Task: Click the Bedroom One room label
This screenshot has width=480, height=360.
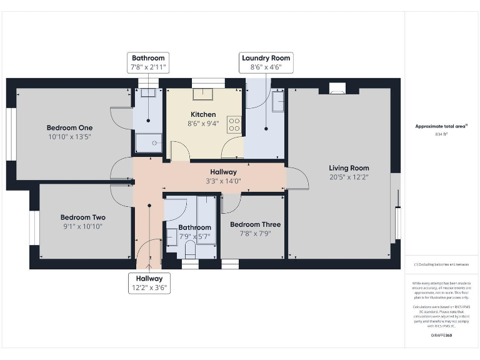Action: tap(69, 125)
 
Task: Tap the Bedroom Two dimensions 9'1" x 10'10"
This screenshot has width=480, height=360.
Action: tap(84, 226)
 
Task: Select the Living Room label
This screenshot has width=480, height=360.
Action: tap(349, 167)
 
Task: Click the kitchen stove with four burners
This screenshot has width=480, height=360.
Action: tap(235, 124)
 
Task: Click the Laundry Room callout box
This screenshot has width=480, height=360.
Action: tap(266, 62)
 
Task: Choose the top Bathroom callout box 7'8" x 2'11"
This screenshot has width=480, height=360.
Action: tap(148, 62)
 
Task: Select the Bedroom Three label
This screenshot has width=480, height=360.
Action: tap(255, 224)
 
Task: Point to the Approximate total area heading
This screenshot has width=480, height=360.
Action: tap(441, 126)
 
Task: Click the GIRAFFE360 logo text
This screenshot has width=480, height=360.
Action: tap(442, 336)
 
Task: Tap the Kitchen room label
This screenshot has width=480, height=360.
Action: tap(203, 114)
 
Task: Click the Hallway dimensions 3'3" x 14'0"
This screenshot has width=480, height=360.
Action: tap(223, 181)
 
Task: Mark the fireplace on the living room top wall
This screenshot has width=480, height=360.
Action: tap(336, 89)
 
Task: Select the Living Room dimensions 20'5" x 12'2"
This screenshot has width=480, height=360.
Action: tap(349, 177)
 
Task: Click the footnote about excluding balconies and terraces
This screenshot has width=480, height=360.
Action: tap(442, 265)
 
